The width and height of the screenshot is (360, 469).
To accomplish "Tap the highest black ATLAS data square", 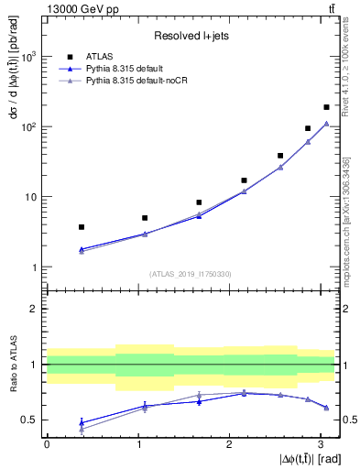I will [326, 107].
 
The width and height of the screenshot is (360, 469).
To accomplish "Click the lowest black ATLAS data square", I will [82, 226].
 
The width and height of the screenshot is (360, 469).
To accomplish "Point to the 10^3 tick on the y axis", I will [32, 57].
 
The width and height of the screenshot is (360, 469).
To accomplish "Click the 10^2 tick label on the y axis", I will [32, 126].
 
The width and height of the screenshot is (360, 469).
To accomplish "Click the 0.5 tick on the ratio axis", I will [30, 420].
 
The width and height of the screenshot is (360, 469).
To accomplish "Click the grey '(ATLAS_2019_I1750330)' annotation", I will [191, 273].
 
